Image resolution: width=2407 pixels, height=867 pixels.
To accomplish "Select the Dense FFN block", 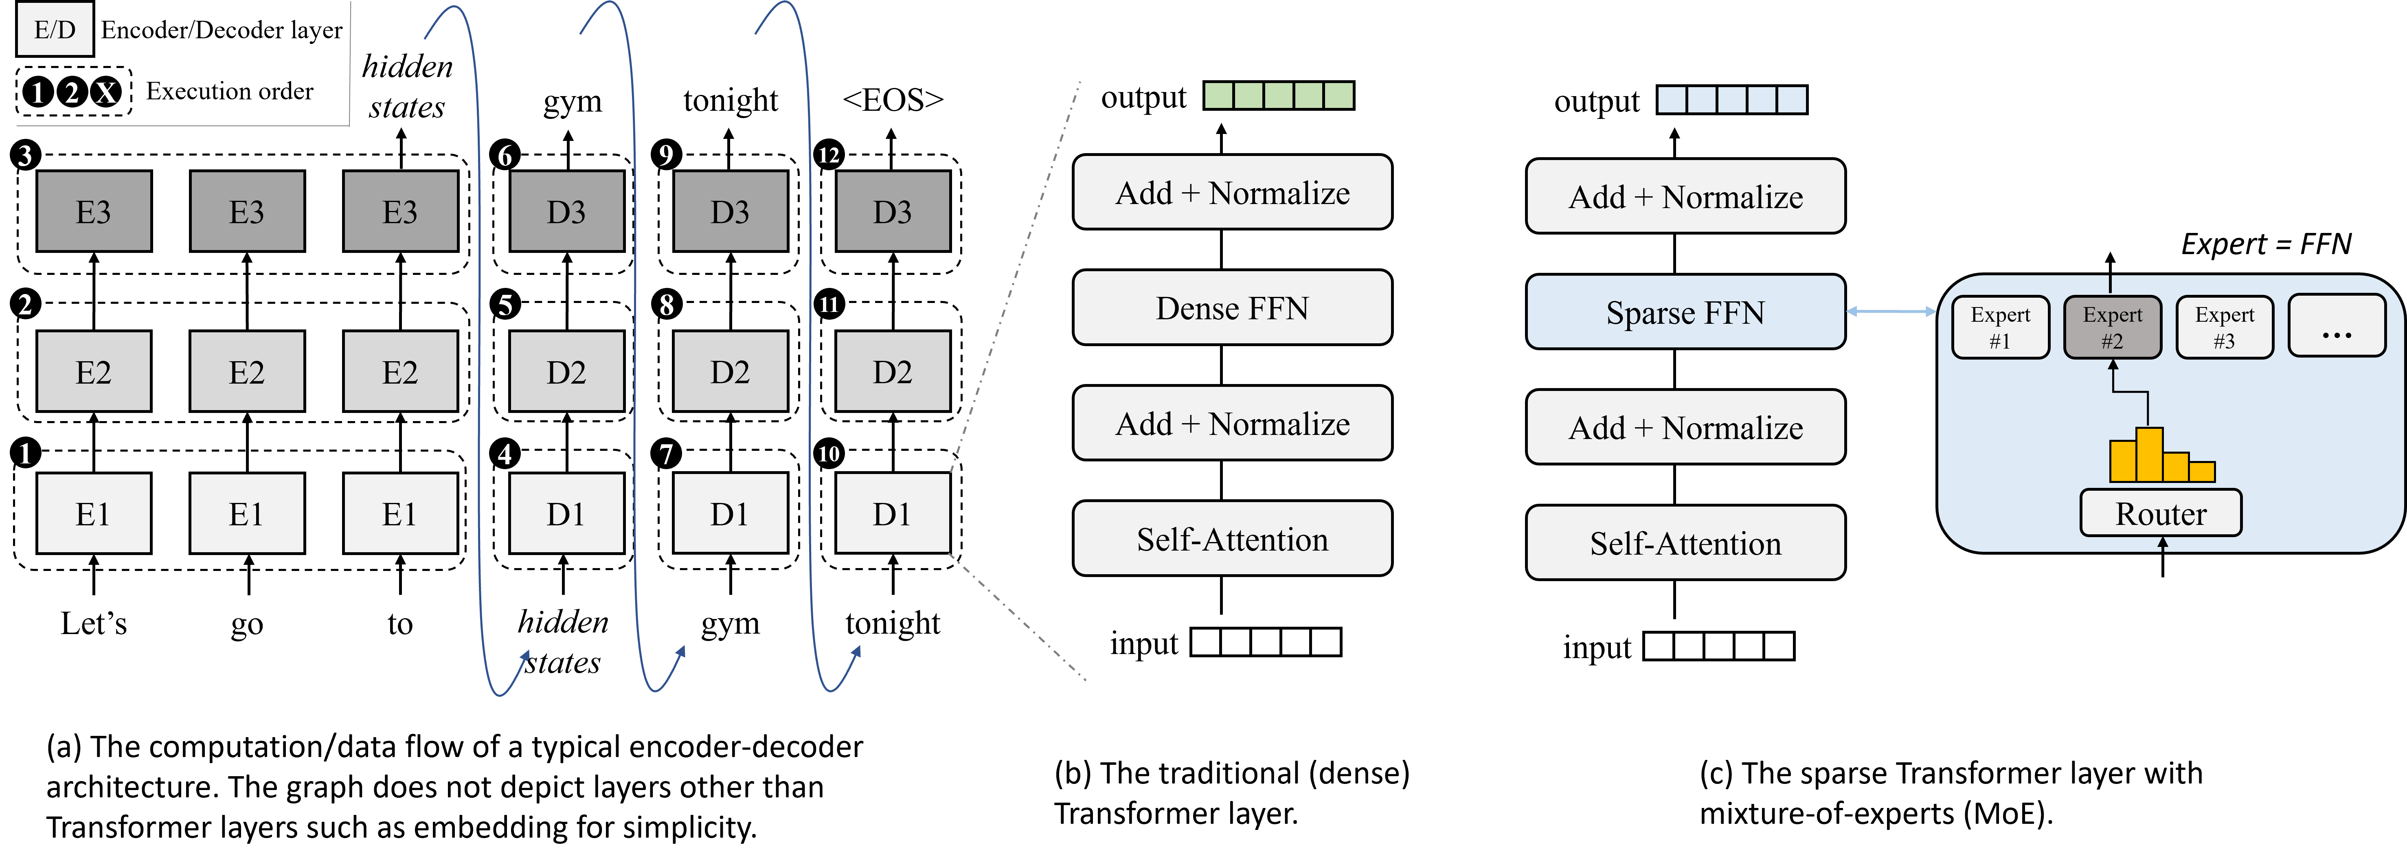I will tap(1231, 307).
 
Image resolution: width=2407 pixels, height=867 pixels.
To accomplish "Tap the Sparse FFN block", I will tap(1685, 312).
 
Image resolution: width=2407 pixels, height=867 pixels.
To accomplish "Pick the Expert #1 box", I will tap(2000, 327).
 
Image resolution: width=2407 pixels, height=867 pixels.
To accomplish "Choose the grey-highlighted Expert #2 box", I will tap(2112, 327).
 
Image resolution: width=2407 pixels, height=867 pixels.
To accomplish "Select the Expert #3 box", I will tap(2224, 327).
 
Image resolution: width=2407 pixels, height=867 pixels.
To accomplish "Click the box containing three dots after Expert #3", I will tap(2336, 326).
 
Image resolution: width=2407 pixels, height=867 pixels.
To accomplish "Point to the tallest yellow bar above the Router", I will tap(2149, 454).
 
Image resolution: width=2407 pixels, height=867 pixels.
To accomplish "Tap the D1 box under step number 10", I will tap(892, 513).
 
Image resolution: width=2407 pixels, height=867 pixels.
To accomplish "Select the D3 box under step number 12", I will tap(892, 211).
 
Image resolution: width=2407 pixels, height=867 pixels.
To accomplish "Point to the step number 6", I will tap(505, 156).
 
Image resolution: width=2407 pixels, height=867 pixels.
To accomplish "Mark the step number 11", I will tap(828, 305).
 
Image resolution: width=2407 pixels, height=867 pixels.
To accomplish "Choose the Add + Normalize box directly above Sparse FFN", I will tap(1685, 196).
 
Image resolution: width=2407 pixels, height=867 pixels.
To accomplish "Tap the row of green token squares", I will tap(1278, 95).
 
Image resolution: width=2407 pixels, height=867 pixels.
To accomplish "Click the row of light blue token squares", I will tap(1731, 99).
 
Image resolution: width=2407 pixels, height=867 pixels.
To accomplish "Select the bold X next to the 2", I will tap(105, 92).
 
